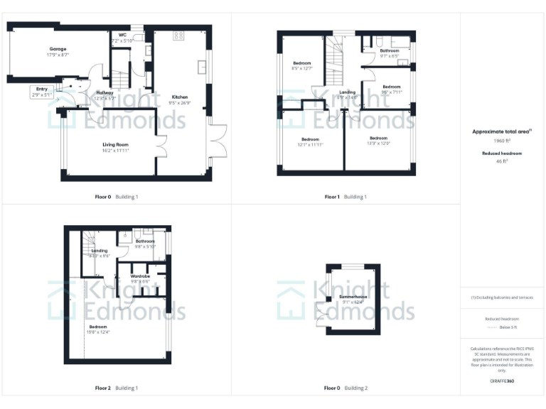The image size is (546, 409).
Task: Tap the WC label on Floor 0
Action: [122, 35]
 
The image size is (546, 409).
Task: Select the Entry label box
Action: [41, 91]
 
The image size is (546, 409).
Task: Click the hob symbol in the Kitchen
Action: [178, 35]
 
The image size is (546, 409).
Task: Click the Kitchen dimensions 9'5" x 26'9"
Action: [179, 103]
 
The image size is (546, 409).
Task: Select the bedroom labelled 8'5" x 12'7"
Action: [302, 66]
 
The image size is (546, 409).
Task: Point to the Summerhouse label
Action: [353, 298]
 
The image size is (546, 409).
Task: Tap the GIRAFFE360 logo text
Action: [503, 382]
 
